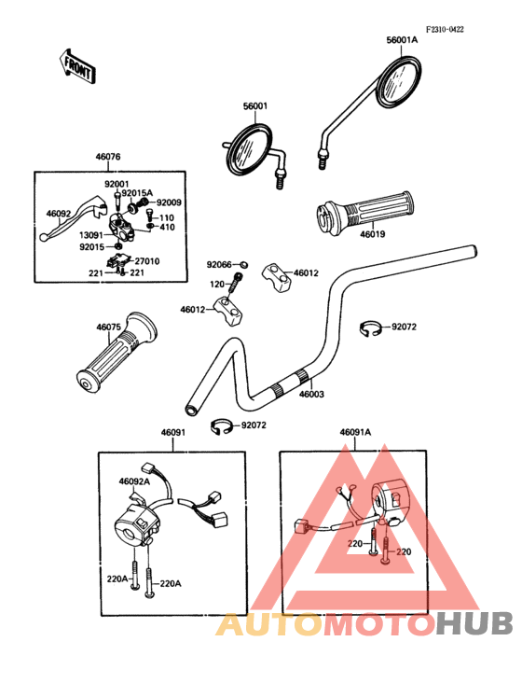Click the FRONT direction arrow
(77, 66)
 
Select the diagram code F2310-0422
(445, 29)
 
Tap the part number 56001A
(402, 40)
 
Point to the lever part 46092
(72, 216)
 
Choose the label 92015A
(137, 193)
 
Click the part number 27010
(147, 261)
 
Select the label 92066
(219, 264)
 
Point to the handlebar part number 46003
(311, 394)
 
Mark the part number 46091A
(355, 432)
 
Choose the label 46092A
(134, 481)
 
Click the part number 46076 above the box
(108, 157)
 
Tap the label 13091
(91, 235)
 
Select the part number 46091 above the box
(173, 433)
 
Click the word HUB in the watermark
(474, 623)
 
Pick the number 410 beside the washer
(168, 227)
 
